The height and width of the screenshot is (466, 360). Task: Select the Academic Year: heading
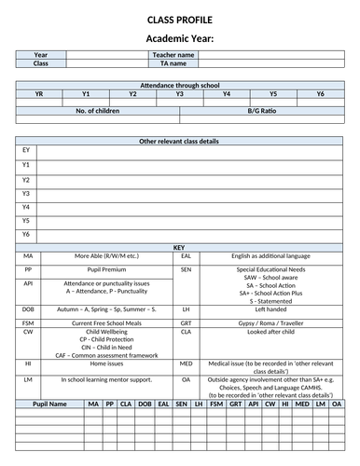tap(180, 38)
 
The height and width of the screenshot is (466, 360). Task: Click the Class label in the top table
tap(41, 63)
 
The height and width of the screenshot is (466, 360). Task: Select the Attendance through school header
tap(180, 85)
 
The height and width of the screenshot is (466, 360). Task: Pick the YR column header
tap(39, 93)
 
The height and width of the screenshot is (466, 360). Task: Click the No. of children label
tap(100, 109)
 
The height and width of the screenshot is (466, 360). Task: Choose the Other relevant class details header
tap(180, 139)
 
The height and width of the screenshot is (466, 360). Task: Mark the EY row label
tap(26, 150)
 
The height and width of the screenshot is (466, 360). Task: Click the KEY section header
tap(180, 247)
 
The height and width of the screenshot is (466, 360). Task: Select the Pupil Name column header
tap(49, 404)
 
